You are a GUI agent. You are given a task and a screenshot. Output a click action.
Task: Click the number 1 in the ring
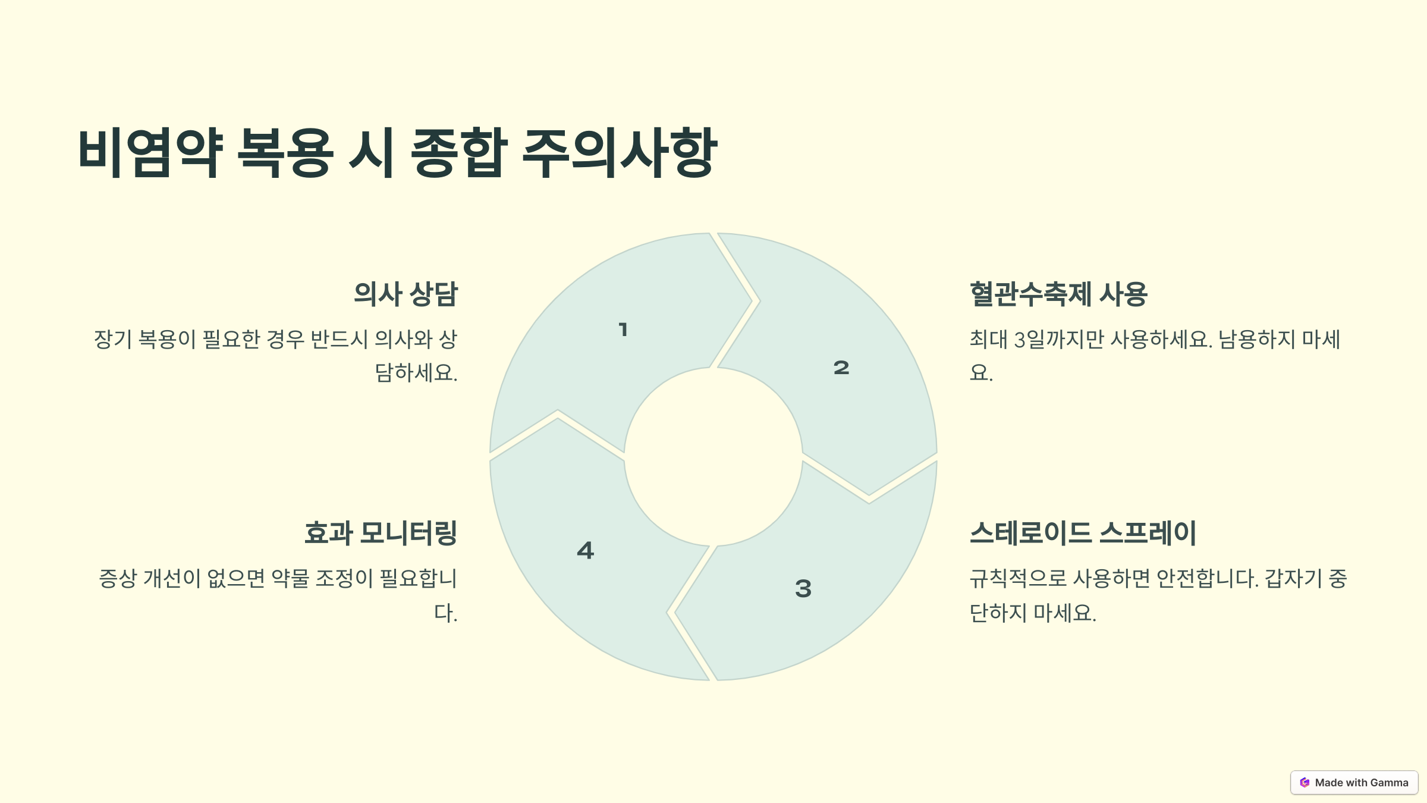click(623, 330)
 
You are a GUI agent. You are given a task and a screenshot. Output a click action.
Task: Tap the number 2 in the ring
click(841, 368)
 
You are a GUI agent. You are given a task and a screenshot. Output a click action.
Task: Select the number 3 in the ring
click(803, 589)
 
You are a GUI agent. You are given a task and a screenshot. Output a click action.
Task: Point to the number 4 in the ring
click(586, 550)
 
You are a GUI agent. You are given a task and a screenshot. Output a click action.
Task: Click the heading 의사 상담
click(406, 294)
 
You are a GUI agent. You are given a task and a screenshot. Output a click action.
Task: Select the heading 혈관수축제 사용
click(1058, 294)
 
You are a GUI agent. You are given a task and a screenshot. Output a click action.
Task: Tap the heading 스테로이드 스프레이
click(1083, 533)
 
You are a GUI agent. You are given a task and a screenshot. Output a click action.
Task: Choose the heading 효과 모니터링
click(381, 533)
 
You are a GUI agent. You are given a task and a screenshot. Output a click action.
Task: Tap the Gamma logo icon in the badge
click(1305, 783)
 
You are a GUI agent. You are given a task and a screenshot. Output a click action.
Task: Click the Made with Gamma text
click(1362, 783)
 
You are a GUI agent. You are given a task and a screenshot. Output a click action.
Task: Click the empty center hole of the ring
click(713, 457)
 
